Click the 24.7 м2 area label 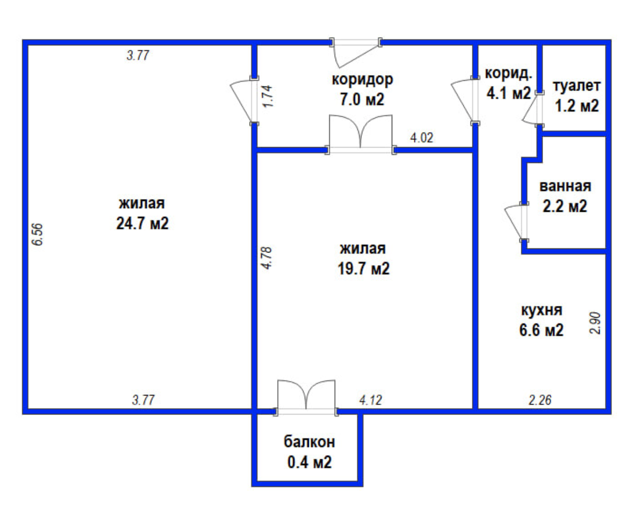tap(143, 224)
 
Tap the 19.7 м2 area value tap(363, 268)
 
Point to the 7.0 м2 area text tap(362, 99)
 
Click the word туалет tap(576, 86)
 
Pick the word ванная tap(565, 186)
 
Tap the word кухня tap(541, 311)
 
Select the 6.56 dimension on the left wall tap(38, 234)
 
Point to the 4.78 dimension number tap(268, 258)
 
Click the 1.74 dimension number tap(268, 96)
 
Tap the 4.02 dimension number tap(422, 137)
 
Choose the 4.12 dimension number tap(370, 400)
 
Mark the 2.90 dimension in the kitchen tap(596, 323)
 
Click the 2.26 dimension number tap(540, 400)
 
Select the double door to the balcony tap(306, 397)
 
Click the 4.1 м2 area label tap(508, 93)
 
